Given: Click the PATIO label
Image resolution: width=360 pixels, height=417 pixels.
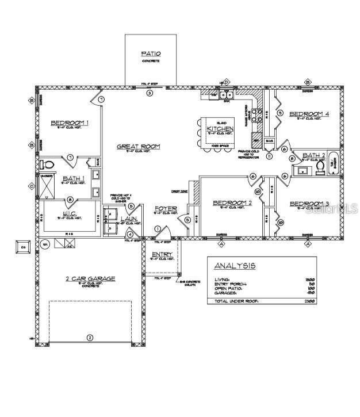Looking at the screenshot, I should point(151,54).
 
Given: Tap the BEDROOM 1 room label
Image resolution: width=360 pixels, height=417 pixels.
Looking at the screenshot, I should point(70,123).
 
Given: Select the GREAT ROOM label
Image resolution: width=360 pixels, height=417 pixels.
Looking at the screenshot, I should point(139,147).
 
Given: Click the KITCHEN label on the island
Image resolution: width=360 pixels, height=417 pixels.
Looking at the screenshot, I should point(220,129).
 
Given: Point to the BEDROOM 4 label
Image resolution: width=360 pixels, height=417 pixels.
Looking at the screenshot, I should point(309,114).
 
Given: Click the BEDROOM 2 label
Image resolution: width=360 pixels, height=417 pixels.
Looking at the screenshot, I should point(232,202).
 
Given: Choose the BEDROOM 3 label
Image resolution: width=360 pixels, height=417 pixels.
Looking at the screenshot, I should point(309,204).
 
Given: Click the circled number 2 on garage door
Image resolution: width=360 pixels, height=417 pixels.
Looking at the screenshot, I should point(89,337).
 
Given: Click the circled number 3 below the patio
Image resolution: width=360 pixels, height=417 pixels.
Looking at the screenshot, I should point(150,93).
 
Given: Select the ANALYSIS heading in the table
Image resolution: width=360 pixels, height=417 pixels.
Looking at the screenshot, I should point(235,266).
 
